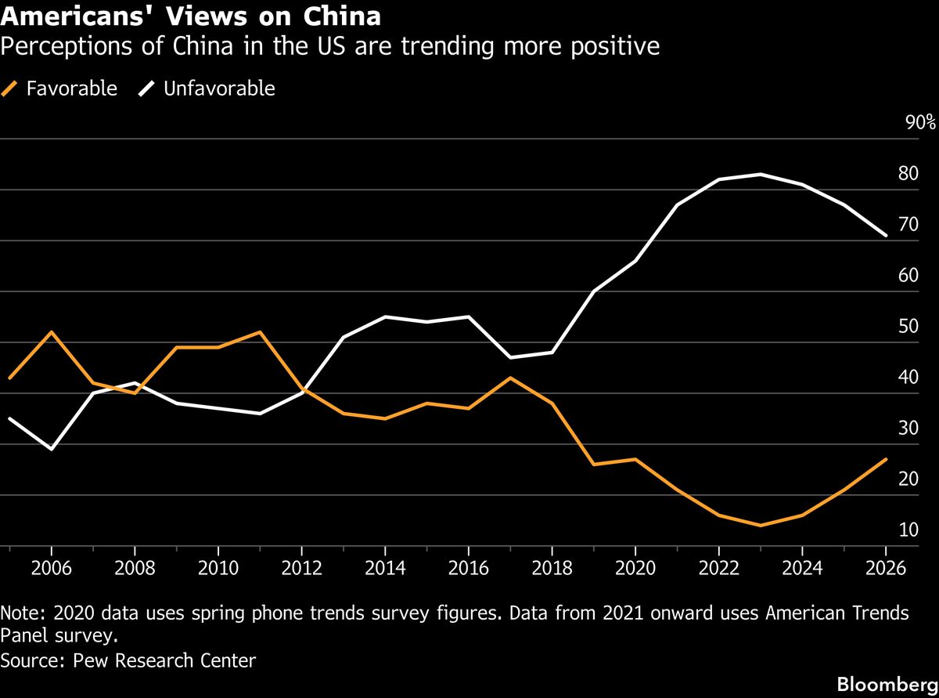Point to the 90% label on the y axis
[919, 122]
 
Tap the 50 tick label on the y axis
[908, 327]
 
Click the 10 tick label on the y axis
[908, 530]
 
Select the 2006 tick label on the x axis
[52, 567]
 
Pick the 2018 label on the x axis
[552, 567]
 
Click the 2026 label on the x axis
[885, 567]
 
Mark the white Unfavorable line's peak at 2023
[761, 174]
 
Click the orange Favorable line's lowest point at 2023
[761, 525]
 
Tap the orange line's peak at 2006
[52, 332]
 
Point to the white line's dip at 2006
[52, 449]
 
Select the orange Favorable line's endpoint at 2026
[885, 459]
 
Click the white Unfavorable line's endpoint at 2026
[885, 235]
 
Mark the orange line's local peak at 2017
[510, 378]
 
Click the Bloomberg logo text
[887, 683]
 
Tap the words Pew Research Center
[164, 660]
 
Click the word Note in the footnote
[20, 613]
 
